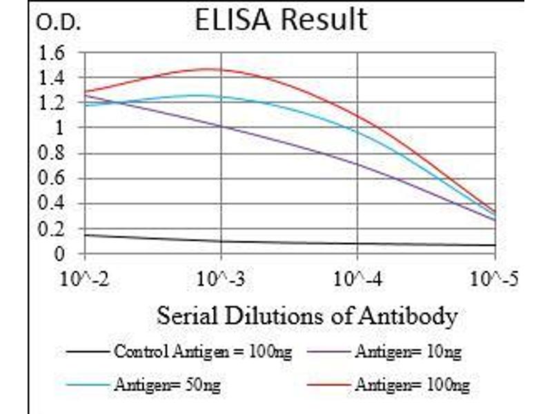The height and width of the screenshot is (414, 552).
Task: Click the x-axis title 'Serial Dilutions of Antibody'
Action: tap(307, 316)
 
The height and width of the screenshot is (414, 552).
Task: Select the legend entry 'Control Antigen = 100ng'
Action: tap(202, 353)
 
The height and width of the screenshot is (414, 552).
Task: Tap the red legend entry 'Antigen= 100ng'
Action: tap(412, 384)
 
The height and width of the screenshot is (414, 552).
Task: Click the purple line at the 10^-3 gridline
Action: tap(221, 126)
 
